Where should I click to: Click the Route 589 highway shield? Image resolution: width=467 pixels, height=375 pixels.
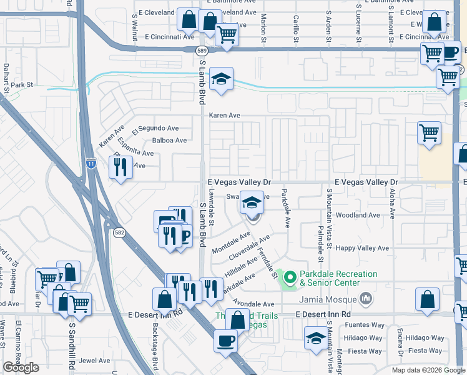click(x=201, y=51)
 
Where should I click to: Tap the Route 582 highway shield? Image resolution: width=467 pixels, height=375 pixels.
click(x=118, y=232)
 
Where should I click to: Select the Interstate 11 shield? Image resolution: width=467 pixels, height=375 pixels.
click(x=91, y=163)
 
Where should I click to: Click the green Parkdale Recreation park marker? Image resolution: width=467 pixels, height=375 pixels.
click(x=289, y=277)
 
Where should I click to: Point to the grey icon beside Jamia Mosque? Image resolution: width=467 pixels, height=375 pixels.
click(x=366, y=299)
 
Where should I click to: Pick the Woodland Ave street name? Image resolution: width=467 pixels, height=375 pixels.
click(x=358, y=215)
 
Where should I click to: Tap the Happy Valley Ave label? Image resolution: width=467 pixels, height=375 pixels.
click(x=363, y=248)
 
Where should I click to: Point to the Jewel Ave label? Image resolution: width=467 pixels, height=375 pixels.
click(x=94, y=361)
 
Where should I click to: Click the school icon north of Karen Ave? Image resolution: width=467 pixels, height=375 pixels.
click(x=220, y=79)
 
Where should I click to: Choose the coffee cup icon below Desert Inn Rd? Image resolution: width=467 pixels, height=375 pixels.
click(x=225, y=341)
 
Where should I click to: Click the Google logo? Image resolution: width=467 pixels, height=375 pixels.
click(x=21, y=367)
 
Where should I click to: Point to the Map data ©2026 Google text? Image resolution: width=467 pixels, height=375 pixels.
click(x=427, y=370)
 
